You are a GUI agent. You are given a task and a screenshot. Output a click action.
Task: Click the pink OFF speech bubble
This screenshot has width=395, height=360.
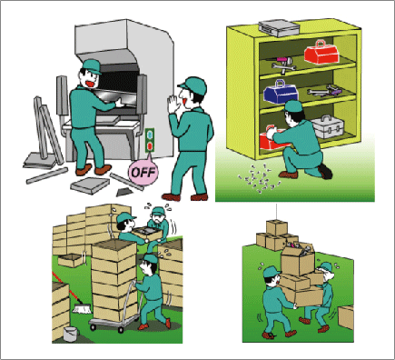(143, 172)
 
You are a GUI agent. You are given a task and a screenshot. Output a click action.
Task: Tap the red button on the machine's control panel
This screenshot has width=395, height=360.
(150, 146)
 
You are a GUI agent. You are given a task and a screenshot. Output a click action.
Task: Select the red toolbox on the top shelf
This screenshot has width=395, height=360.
(321, 52)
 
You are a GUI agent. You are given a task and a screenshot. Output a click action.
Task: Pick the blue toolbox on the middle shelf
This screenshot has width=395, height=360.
(280, 92)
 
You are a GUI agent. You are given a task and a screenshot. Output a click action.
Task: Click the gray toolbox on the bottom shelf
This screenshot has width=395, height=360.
(328, 127)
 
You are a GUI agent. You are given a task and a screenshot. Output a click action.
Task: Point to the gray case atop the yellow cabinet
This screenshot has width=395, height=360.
(279, 27)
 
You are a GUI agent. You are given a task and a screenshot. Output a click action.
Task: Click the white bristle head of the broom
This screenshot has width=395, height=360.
(82, 309)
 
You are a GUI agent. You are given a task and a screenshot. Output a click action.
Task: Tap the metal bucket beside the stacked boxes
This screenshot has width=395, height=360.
(71, 335)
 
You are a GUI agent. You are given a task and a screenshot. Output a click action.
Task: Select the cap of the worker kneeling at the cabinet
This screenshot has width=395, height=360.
(293, 106)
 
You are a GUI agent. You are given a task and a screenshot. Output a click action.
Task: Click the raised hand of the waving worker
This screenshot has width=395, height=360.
(173, 104)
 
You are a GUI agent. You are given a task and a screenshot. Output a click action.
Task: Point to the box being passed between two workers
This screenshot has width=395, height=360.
(148, 234)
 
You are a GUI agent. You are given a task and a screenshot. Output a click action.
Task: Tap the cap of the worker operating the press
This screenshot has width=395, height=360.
(92, 65)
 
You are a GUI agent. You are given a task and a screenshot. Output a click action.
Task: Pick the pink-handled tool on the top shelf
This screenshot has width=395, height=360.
(281, 60)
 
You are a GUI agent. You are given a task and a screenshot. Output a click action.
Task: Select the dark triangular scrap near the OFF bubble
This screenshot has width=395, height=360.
(123, 192)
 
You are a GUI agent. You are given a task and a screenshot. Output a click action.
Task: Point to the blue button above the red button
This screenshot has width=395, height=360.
(150, 134)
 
